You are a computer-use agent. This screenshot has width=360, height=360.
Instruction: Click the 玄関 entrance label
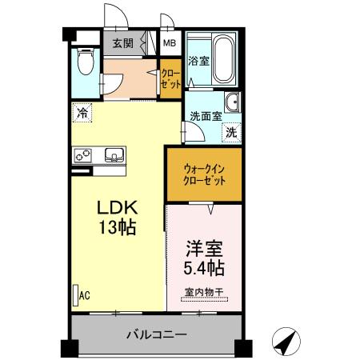[x=122, y=43]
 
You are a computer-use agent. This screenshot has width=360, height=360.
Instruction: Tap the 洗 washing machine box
[x=231, y=132]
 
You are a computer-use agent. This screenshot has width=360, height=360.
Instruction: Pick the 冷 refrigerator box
[x=82, y=113]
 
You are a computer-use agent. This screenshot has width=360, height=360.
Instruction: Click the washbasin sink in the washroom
[x=233, y=103]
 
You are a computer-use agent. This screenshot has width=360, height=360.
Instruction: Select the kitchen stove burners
[x=84, y=154]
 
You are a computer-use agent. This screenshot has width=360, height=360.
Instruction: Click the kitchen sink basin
[x=113, y=154]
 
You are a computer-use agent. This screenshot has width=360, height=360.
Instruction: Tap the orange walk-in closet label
[x=204, y=174]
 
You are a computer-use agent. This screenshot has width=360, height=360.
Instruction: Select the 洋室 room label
[x=204, y=247]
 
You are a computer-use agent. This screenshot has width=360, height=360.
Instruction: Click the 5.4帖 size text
[x=204, y=266]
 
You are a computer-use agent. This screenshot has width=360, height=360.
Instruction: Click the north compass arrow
[x=286, y=341]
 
